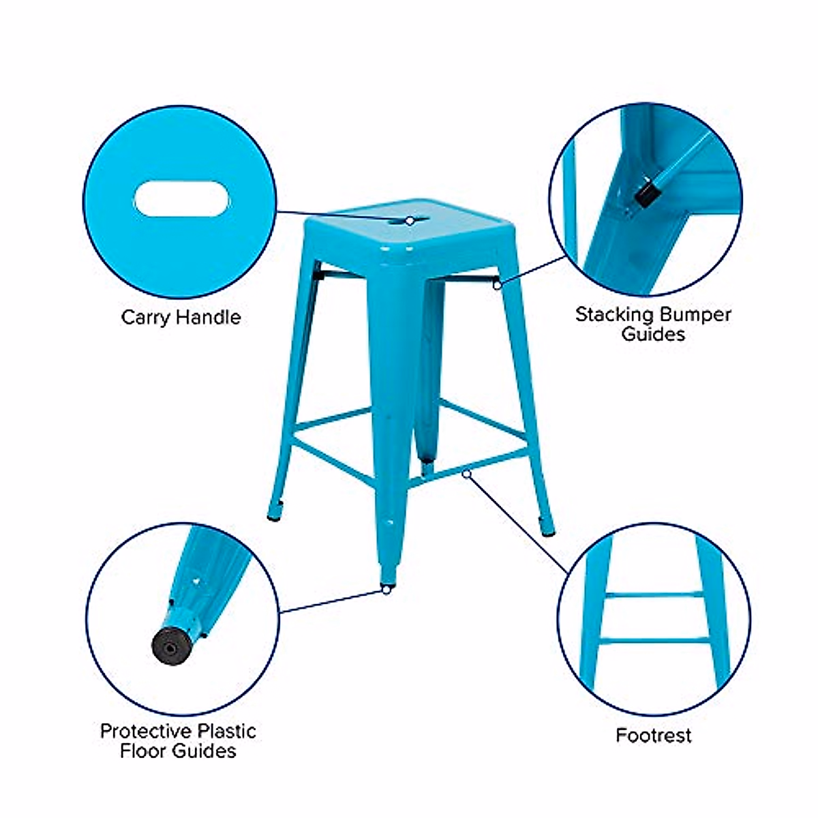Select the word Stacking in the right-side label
[614, 315]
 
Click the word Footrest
[653, 736]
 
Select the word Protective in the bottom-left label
[145, 731]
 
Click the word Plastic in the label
[225, 731]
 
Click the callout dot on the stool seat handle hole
[410, 220]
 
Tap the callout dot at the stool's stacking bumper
[497, 284]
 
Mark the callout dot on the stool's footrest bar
[466, 473]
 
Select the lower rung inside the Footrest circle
[654, 639]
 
